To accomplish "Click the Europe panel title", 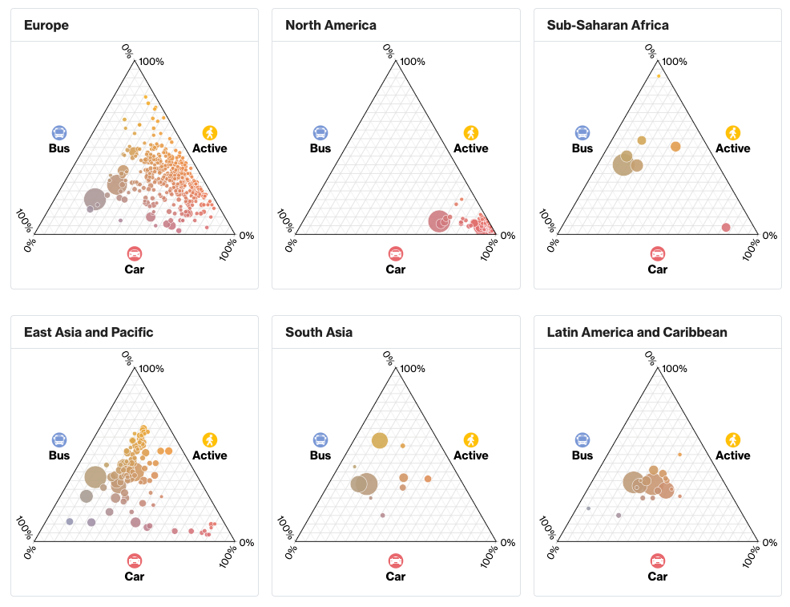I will (46, 25).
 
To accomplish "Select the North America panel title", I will (330, 25).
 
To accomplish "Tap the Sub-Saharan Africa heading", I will (607, 25).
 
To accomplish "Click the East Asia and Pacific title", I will (88, 332).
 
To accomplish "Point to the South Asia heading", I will (318, 332).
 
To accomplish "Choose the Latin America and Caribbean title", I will (637, 332).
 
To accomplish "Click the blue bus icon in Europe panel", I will (59, 132).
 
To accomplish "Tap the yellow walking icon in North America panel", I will (471, 132).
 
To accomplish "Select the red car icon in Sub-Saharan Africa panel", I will (658, 253).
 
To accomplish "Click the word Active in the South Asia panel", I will (470, 455).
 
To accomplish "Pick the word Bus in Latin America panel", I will (582, 455).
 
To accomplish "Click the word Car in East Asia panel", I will (135, 576).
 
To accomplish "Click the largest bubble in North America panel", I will (439, 221).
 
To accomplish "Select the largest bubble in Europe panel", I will (95, 200).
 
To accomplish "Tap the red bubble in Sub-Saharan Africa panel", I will (726, 228).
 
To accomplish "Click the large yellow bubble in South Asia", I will (379, 440).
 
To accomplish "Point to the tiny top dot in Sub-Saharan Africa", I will (659, 76).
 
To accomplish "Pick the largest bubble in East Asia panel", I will (95, 477).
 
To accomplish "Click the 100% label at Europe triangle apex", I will (151, 62).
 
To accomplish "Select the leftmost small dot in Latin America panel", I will (588, 508).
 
